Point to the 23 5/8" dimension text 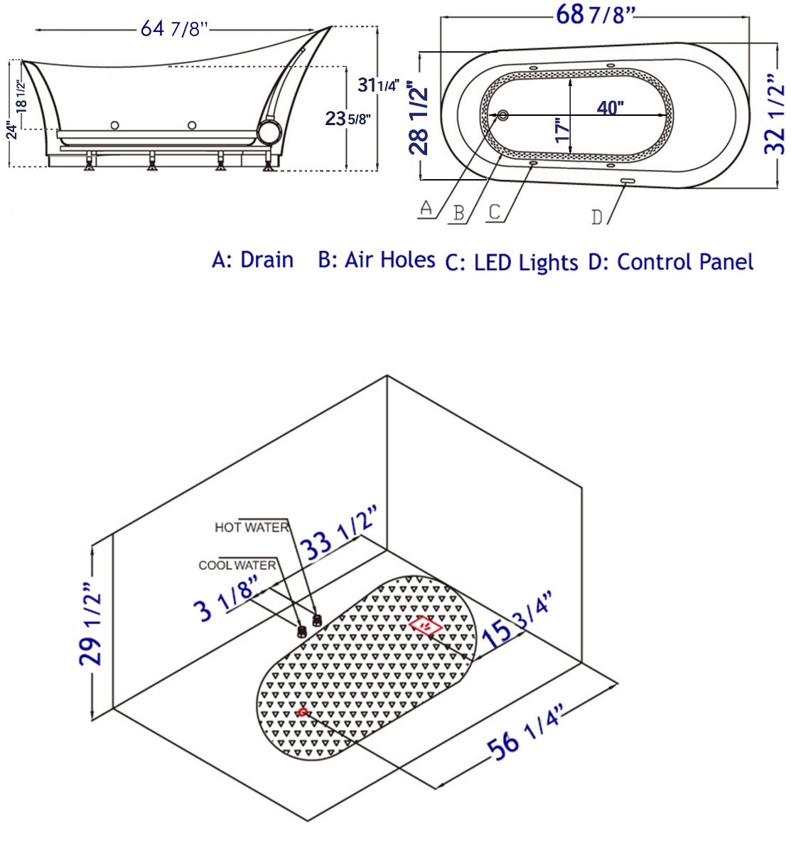click(x=348, y=119)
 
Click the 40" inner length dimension click(x=610, y=107)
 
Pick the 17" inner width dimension click(x=564, y=130)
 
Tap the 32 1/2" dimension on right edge click(x=775, y=114)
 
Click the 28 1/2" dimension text click(x=419, y=117)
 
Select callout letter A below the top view click(x=426, y=208)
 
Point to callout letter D click(x=597, y=218)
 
